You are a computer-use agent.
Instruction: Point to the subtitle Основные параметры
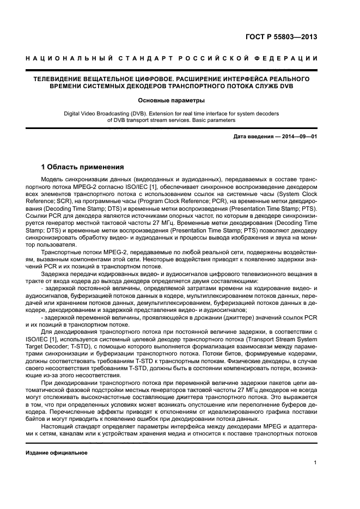[x=171, y=100]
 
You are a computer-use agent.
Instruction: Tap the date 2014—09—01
[x=297, y=136]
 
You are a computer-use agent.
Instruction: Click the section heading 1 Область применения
[x=83, y=167]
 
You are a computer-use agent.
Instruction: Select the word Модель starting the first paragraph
[x=53, y=179]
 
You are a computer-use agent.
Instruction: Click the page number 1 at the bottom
[x=315, y=463]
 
